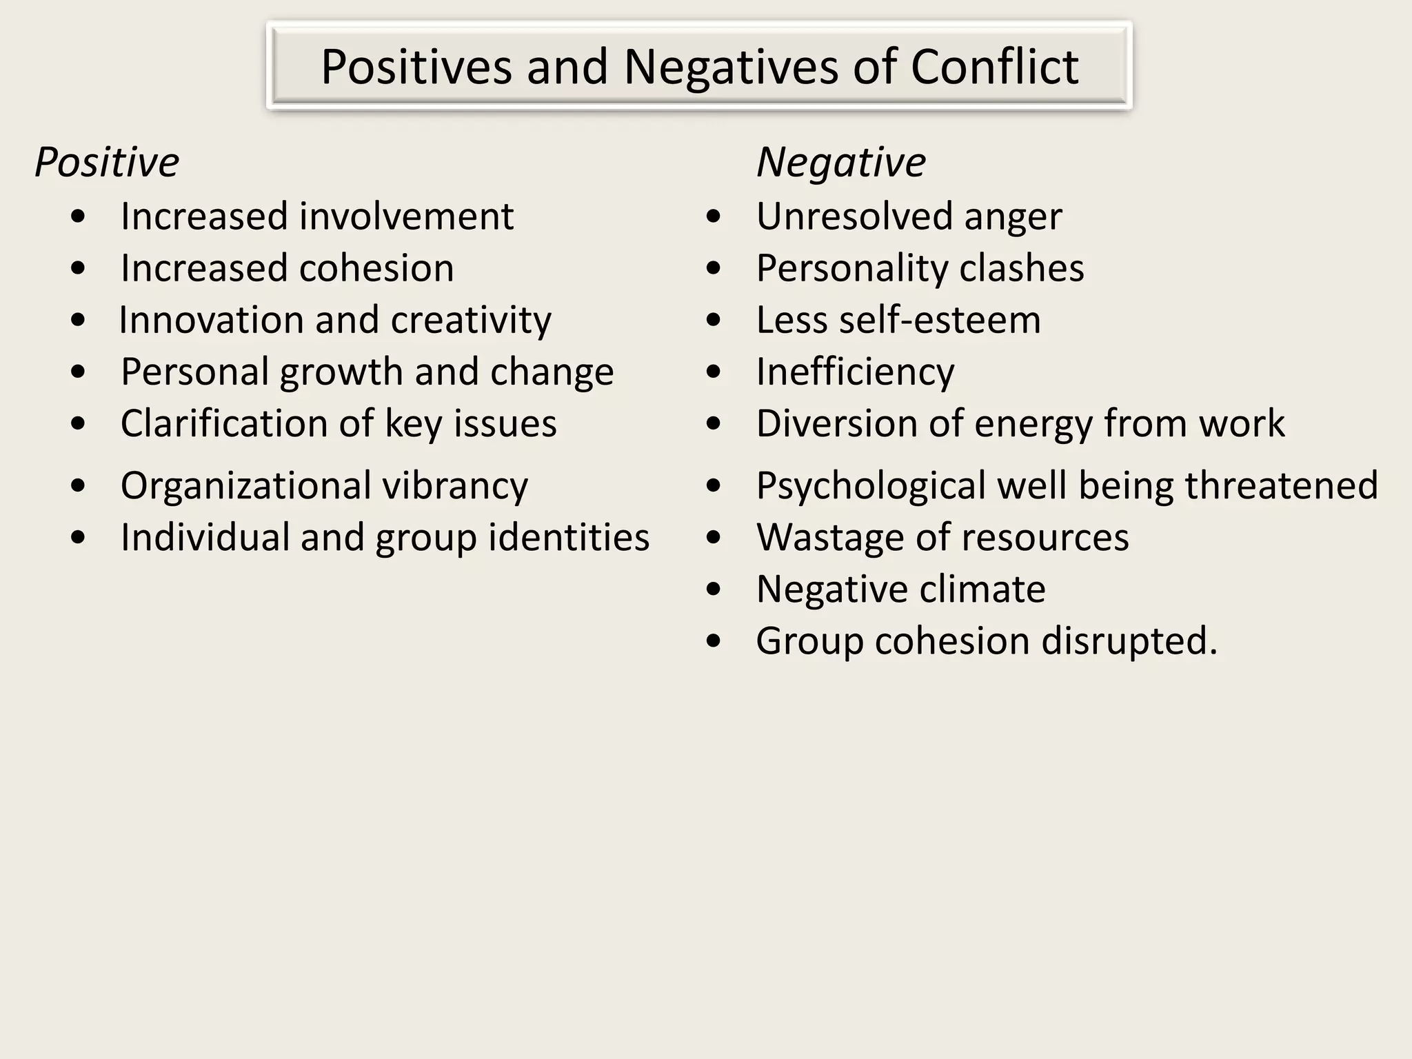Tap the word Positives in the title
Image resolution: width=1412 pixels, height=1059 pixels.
point(416,67)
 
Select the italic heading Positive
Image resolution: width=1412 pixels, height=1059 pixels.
point(107,163)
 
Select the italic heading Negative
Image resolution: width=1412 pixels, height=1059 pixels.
point(841,163)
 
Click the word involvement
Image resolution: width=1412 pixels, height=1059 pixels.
point(406,216)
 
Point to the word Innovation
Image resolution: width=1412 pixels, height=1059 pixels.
point(211,320)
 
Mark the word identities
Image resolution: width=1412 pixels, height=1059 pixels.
point(569,537)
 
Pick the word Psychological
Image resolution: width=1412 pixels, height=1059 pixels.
point(871,486)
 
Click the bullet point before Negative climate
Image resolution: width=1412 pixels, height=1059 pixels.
point(714,589)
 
